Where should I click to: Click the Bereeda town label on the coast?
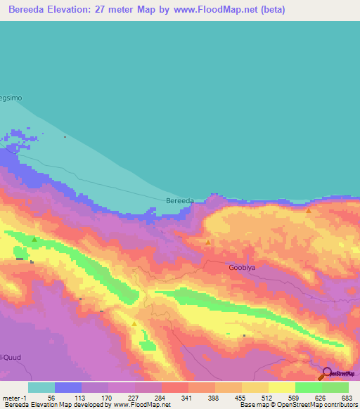click(179, 201)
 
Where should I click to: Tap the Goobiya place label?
click(240, 268)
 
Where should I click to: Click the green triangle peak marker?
click(34, 240)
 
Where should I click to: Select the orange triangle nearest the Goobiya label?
click(207, 242)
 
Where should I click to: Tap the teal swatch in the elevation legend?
click(41, 387)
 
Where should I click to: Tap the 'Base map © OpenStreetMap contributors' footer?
click(298, 405)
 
